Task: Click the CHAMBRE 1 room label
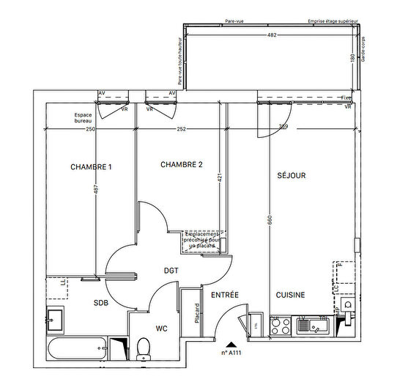point(92,167)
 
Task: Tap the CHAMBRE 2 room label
point(181,165)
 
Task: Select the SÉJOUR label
point(291,176)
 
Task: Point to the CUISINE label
point(290,295)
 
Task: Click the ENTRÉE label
point(225,295)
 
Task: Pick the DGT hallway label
point(171,271)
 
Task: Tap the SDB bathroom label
point(101,302)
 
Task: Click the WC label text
point(162,329)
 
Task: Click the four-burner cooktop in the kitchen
point(280,325)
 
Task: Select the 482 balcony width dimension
point(271,35)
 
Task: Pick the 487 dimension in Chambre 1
point(95,188)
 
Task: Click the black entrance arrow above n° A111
point(231,343)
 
